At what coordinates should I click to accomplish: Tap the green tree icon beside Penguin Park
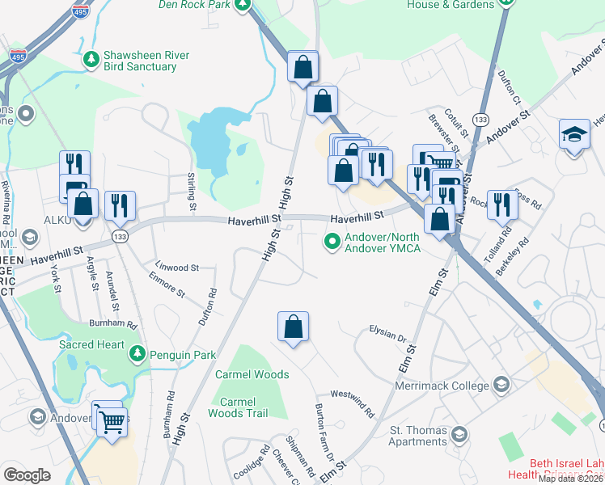coord(137,354)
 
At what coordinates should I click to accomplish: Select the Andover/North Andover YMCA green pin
coord(332,242)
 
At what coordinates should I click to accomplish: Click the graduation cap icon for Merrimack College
coord(501,384)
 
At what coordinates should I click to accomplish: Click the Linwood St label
coord(177,267)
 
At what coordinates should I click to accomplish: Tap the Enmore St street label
coord(167,284)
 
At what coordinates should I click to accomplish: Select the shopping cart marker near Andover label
coord(112,420)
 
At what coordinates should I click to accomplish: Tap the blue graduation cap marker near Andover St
coord(574,133)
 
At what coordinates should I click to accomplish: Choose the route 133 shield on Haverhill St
coord(119,235)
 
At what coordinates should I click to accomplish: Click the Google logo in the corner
coord(27,475)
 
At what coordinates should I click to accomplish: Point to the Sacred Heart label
coord(92,344)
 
